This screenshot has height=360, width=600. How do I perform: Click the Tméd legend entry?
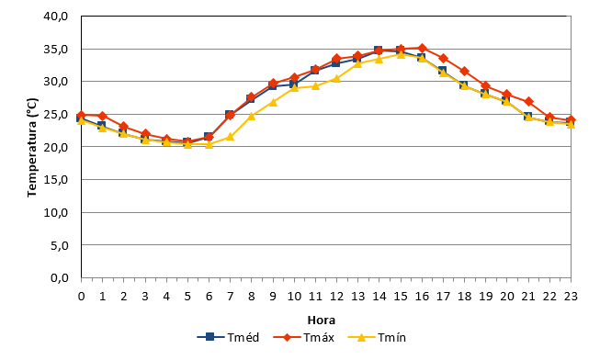[228, 337]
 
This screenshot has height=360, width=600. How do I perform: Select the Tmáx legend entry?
[304, 337]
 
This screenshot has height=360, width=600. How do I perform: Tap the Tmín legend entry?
[377, 337]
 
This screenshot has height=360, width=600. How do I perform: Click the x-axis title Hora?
[322, 320]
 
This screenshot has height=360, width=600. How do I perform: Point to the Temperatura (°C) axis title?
[32, 148]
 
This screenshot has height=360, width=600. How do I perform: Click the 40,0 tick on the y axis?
[56, 17]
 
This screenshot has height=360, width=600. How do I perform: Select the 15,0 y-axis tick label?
[56, 179]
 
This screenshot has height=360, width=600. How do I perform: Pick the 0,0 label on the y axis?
[60, 277]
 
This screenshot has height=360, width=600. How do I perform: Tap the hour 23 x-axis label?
[571, 296]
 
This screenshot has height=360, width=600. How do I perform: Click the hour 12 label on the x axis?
[336, 296]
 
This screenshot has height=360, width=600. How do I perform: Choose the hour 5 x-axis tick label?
[187, 296]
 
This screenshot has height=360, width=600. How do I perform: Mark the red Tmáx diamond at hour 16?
[422, 48]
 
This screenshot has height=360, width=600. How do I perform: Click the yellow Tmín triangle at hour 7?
[230, 136]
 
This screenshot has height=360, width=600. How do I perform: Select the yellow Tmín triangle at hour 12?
[336, 78]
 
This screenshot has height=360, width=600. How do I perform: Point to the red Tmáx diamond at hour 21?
[528, 102]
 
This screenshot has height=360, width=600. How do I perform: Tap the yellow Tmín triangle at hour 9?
[273, 102]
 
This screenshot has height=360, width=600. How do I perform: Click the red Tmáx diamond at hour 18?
[465, 71]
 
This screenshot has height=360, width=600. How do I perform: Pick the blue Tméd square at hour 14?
[378, 51]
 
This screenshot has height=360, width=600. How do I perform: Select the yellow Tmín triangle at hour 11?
[315, 85]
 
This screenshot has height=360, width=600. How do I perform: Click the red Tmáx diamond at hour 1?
[102, 116]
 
